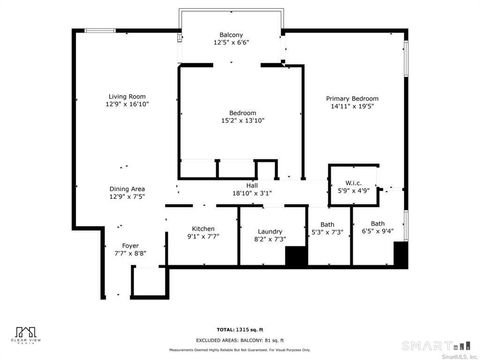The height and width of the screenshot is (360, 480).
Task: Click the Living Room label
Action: (x=128, y=96)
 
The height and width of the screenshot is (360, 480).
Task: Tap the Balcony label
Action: (x=231, y=35)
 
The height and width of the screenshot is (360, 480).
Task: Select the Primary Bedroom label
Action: (x=353, y=98)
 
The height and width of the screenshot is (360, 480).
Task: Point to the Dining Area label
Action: (x=128, y=189)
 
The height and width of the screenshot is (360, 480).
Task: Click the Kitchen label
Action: (x=203, y=229)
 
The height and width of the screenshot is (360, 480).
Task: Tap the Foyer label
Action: (x=131, y=245)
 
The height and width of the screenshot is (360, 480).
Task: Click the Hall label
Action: (x=252, y=185)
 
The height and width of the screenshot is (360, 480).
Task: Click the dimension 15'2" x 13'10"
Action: (x=243, y=120)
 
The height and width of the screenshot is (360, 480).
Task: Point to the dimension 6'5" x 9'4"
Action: (x=378, y=232)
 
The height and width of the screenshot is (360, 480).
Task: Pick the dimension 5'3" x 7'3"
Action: (x=327, y=232)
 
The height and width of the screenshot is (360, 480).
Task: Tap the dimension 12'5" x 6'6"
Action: (x=231, y=43)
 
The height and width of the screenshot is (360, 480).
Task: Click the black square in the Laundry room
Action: (x=296, y=256)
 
